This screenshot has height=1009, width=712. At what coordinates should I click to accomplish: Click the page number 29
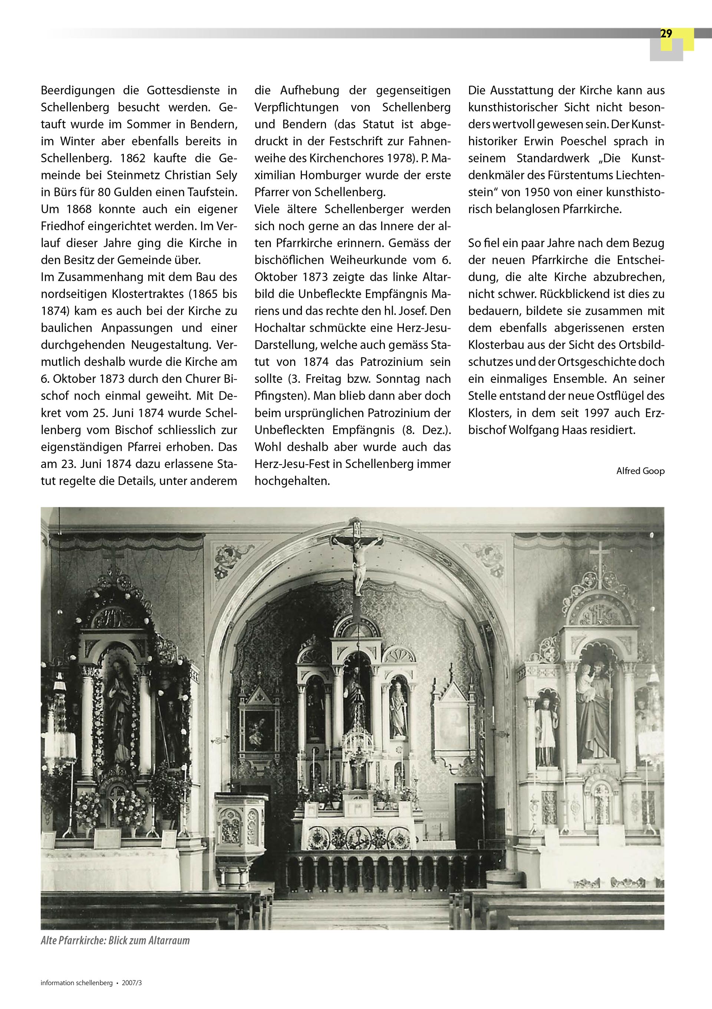[666, 34]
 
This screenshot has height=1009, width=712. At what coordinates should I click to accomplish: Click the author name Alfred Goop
[640, 471]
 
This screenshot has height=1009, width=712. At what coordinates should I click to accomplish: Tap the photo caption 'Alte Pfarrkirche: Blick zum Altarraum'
[115, 940]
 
